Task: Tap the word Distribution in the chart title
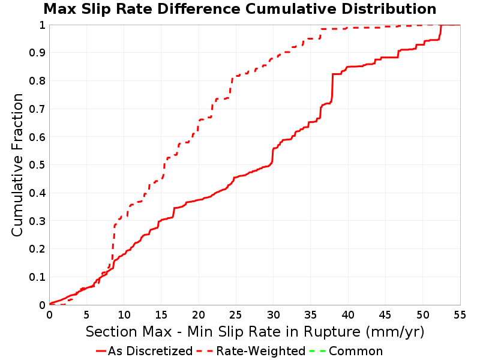point(389,9)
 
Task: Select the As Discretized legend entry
point(144,351)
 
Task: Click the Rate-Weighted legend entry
point(251,351)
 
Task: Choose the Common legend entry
point(346,351)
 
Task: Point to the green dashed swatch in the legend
point(317,351)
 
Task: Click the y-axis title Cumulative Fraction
point(17,164)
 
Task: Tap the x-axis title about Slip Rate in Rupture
point(255,332)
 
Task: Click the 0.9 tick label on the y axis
point(37,53)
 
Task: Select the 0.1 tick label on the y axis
point(37,277)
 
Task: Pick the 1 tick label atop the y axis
point(42,25)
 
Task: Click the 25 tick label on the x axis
point(236,314)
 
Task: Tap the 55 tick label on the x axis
point(460,314)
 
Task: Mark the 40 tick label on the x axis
point(348,314)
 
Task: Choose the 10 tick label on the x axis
point(124,314)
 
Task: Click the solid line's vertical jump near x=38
point(332,87)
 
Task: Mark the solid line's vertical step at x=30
point(272,156)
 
